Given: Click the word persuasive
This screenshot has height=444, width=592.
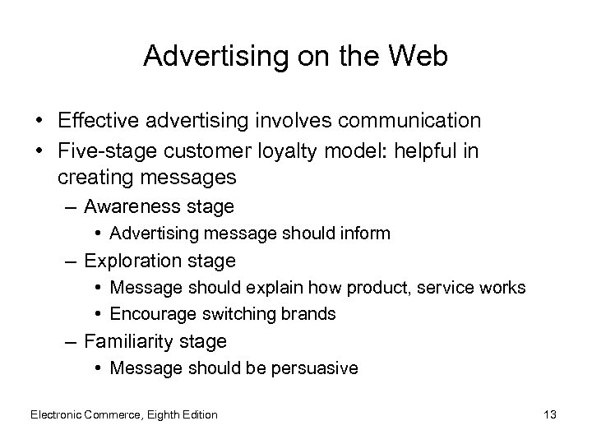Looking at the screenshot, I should coord(317,368).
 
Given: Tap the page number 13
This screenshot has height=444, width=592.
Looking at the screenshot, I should coord(550,414).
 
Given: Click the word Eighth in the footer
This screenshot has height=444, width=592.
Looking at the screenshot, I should coord(164,414).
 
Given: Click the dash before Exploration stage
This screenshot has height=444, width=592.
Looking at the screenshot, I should coord(72,261).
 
